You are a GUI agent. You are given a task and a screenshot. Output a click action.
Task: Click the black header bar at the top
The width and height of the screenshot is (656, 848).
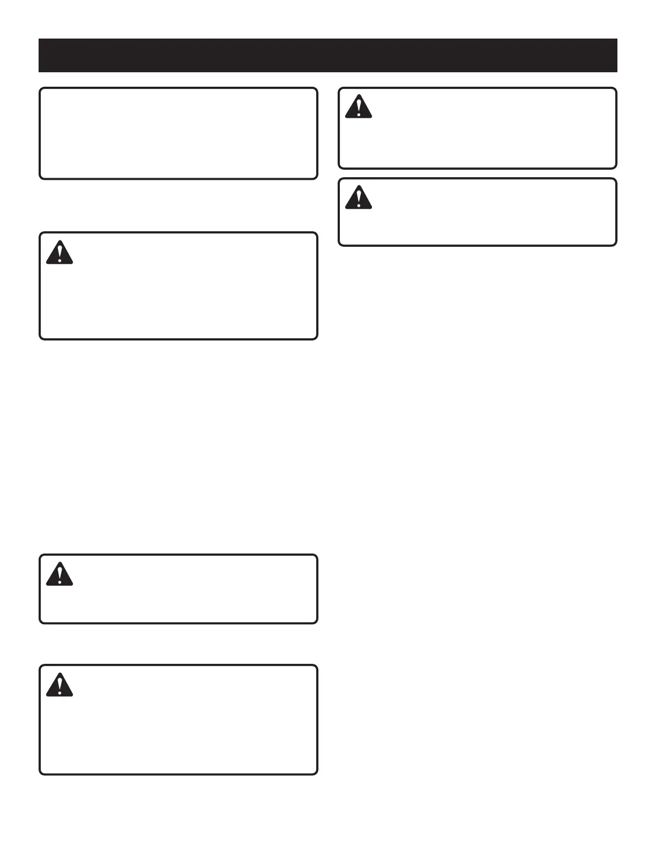click(327, 55)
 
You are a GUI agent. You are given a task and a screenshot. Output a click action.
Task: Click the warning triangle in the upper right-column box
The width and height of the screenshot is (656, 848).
click(359, 107)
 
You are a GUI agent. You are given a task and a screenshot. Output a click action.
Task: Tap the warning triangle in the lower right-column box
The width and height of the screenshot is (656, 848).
click(359, 197)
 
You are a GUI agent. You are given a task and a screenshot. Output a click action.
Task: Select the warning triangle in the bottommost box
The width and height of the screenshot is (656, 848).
click(59, 685)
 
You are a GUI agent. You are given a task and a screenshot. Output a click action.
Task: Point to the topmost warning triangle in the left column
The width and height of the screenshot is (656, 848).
click(59, 253)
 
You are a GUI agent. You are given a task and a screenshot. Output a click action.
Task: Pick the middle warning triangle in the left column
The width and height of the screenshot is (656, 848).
click(59, 574)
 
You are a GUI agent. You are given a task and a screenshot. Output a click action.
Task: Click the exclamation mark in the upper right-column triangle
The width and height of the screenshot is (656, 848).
click(359, 106)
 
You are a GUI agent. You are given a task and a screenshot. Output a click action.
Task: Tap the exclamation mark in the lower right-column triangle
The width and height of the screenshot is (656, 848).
click(359, 196)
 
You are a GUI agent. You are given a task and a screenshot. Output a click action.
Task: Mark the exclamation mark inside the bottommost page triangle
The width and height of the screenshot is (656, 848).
click(59, 684)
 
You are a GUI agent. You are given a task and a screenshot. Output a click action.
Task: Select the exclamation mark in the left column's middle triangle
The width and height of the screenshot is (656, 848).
click(59, 573)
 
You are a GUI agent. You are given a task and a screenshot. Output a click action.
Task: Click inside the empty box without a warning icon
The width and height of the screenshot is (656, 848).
click(178, 133)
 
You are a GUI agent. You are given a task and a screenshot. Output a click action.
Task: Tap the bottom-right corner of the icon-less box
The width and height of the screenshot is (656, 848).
click(316, 178)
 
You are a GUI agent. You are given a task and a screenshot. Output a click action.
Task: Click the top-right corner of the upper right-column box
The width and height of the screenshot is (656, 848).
click(615, 89)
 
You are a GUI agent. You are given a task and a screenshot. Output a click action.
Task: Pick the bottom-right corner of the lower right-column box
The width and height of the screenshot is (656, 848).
click(615, 245)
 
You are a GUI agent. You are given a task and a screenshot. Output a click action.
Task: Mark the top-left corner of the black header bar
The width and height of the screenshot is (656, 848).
click(39, 39)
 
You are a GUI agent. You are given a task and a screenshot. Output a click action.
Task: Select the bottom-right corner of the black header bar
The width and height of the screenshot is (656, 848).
click(617, 71)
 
